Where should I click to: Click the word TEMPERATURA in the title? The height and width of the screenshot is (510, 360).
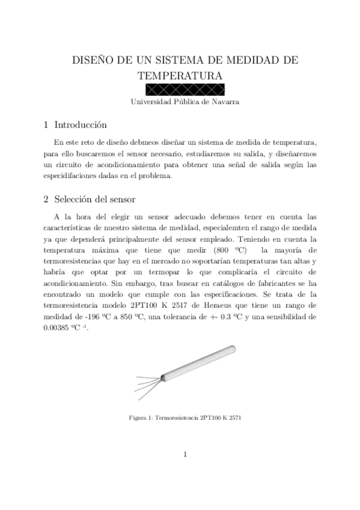point(180,76)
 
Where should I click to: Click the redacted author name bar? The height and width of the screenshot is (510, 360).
point(180,90)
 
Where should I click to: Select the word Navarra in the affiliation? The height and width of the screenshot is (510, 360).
point(224,102)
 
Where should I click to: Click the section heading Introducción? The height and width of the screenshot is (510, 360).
point(81,125)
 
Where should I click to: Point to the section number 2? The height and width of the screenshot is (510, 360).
point(46,199)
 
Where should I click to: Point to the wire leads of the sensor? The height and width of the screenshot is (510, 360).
point(144,382)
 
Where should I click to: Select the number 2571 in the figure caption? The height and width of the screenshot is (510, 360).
point(237,416)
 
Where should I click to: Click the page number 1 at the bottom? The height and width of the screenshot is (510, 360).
point(186,455)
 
